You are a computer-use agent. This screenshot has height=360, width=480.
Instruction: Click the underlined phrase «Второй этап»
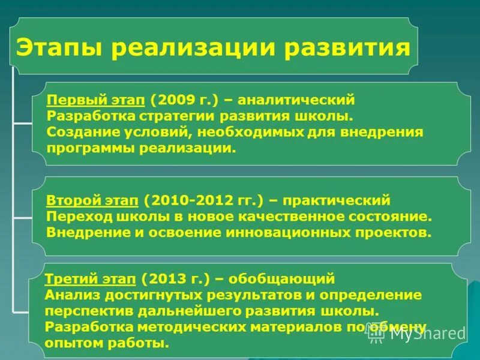point(92,199)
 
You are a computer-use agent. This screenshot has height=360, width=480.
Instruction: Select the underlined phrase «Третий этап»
point(90,279)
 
